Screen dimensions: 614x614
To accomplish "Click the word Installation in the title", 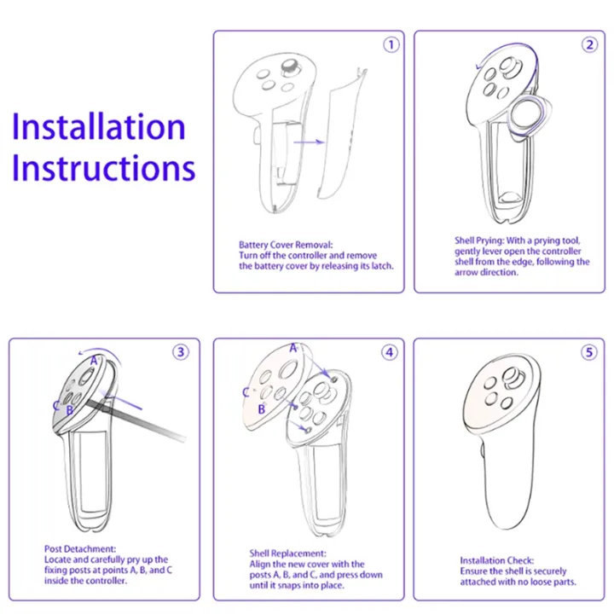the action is pyautogui.click(x=99, y=126).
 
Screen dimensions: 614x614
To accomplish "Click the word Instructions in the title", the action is pyautogui.click(x=104, y=167).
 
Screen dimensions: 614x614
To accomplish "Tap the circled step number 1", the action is pyautogui.click(x=391, y=44).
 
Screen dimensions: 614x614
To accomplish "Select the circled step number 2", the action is pyautogui.click(x=589, y=44).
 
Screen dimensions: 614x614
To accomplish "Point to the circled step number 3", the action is pyautogui.click(x=181, y=352).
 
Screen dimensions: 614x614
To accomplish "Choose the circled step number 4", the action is pyautogui.click(x=389, y=352).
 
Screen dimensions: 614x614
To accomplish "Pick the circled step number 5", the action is pyautogui.click(x=589, y=352).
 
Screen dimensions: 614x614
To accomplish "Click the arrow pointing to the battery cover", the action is pyautogui.click(x=309, y=142).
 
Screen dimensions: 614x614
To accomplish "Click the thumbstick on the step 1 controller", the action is pyautogui.click(x=291, y=67).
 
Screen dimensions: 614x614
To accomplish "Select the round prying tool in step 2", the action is pyautogui.click(x=527, y=117).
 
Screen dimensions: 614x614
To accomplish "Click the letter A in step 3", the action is pyautogui.click(x=94, y=361).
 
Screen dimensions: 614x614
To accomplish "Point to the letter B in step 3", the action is pyautogui.click(x=70, y=410).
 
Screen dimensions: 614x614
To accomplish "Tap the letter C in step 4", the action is pyautogui.click(x=246, y=392).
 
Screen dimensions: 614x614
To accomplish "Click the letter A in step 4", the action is pyautogui.click(x=293, y=348).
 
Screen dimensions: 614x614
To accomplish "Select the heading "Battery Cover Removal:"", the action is pyautogui.click(x=286, y=245).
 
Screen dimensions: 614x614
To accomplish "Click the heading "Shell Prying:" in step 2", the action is pyautogui.click(x=479, y=240).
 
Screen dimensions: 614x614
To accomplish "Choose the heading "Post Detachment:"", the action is pyautogui.click(x=80, y=548).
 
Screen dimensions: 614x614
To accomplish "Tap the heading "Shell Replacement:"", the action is pyautogui.click(x=288, y=553).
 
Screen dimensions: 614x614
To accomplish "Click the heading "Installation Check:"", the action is pyautogui.click(x=497, y=560).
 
